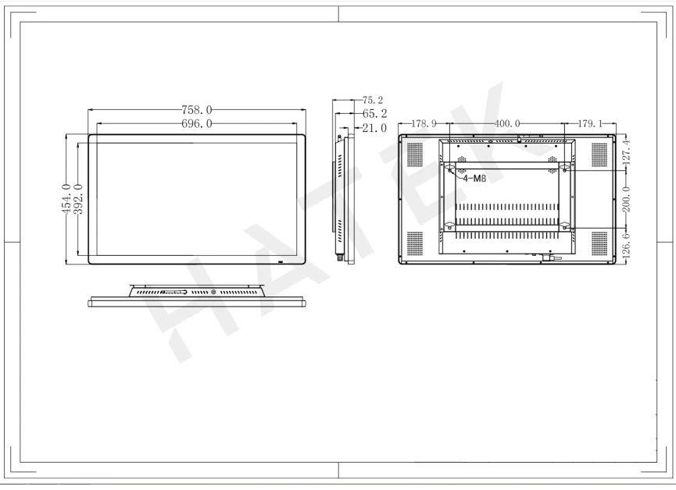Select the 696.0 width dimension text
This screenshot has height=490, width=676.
197,123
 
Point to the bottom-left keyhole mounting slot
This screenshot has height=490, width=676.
449,225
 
